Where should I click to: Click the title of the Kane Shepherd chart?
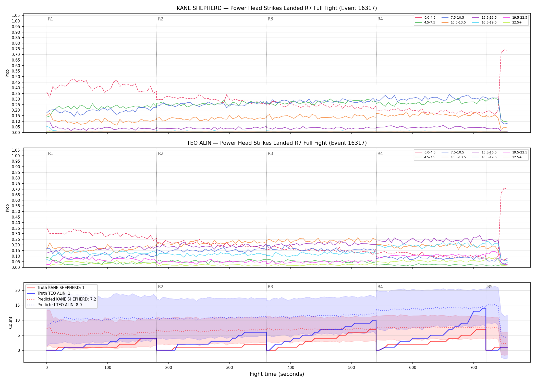pyautogui.click(x=277, y=8)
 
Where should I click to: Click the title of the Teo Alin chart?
pyautogui.click(x=277, y=143)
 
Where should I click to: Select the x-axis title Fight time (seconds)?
pyautogui.click(x=277, y=374)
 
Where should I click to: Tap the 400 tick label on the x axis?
pyautogui.click(x=291, y=368)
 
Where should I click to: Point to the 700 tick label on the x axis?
pyautogui.click(x=474, y=368)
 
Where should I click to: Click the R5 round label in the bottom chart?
pyautogui.click(x=490, y=287)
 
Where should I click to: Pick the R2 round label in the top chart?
pyautogui.click(x=161, y=19)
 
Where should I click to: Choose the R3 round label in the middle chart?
pyautogui.click(x=270, y=153)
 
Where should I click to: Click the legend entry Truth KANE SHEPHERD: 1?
pyautogui.click(x=56, y=288)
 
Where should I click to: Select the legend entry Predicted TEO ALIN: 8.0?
pyautogui.click(x=54, y=305)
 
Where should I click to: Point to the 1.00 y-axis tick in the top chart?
pyautogui.click(x=16, y=21)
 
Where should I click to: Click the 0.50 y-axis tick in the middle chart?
pyautogui.click(x=16, y=211)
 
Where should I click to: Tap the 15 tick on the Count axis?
pyautogui.click(x=17, y=305)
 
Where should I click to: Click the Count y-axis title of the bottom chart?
pyautogui.click(x=10, y=322)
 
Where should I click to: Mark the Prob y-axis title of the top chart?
pyautogui.click(x=7, y=73)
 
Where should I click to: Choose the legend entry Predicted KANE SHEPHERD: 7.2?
pyautogui.click(x=62, y=299)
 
